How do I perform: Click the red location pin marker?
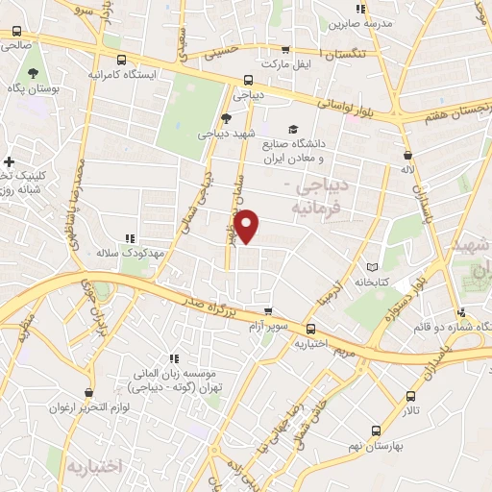pyautogui.click(x=248, y=225)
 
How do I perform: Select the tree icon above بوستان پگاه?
pyautogui.click(x=33, y=73)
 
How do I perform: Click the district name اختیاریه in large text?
pyautogui.click(x=95, y=467)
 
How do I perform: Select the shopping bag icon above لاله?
pyautogui.click(x=409, y=155)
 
